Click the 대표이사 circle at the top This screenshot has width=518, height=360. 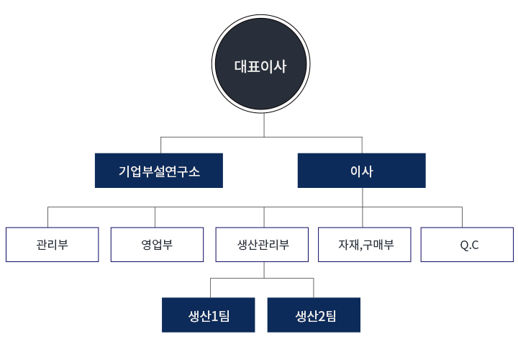click(x=260, y=66)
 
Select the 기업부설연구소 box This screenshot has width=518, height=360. click(x=159, y=171)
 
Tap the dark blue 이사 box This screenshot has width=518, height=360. click(x=361, y=171)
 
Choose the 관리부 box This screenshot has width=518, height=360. click(x=52, y=244)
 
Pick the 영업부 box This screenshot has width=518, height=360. click(x=157, y=244)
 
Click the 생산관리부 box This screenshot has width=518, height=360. click(x=263, y=244)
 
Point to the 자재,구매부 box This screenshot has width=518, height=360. click(x=365, y=244)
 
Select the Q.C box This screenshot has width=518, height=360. click(x=468, y=244)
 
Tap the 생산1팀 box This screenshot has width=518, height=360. click(x=208, y=315)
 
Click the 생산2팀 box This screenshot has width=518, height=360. click(x=314, y=315)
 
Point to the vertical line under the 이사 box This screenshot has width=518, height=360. click(x=363, y=197)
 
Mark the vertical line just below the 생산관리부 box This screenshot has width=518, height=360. click(x=264, y=269)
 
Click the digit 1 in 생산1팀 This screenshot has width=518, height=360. click(x=214, y=315)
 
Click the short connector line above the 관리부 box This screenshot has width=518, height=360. click(x=48, y=217)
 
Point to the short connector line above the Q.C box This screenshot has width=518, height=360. click(x=463, y=217)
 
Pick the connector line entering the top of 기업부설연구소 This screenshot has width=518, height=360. click(x=160, y=144)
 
